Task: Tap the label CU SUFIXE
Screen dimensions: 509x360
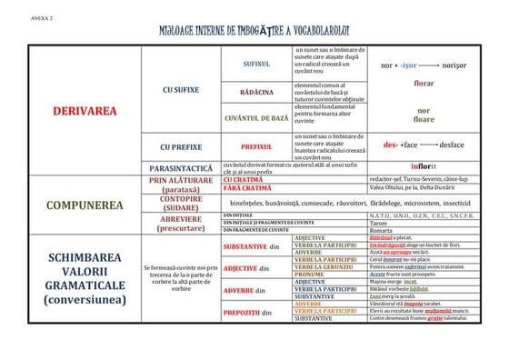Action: point(181,90)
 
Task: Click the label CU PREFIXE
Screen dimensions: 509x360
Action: point(181,145)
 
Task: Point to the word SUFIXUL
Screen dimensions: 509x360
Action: point(257,65)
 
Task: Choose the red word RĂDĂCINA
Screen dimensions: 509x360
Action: point(257,93)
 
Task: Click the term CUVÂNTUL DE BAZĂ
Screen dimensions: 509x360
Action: point(257,118)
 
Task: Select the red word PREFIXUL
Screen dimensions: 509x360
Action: point(257,145)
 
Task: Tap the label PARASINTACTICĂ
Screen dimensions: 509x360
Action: point(181,168)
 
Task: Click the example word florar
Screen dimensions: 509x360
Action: point(424,83)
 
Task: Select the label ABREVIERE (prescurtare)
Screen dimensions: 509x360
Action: point(181,224)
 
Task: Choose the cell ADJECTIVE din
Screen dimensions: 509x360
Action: point(247,268)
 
